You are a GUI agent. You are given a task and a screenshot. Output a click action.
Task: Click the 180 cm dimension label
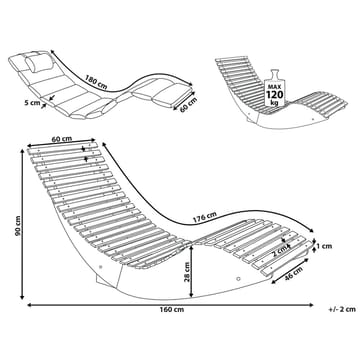96,82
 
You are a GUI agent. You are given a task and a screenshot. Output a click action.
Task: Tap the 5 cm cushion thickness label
32,103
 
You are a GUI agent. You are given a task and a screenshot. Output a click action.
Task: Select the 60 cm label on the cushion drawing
188,105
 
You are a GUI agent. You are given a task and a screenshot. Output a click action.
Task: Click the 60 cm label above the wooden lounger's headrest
62,139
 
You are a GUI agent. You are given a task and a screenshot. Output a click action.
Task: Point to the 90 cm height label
18,226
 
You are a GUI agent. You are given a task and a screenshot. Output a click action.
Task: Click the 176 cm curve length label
205,217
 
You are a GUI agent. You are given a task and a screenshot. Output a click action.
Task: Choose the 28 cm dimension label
187,272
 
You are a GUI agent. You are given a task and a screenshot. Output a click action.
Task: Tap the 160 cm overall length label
172,310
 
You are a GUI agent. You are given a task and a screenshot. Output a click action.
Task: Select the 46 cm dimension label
293,274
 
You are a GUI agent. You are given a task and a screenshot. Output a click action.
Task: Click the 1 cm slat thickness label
324,246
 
